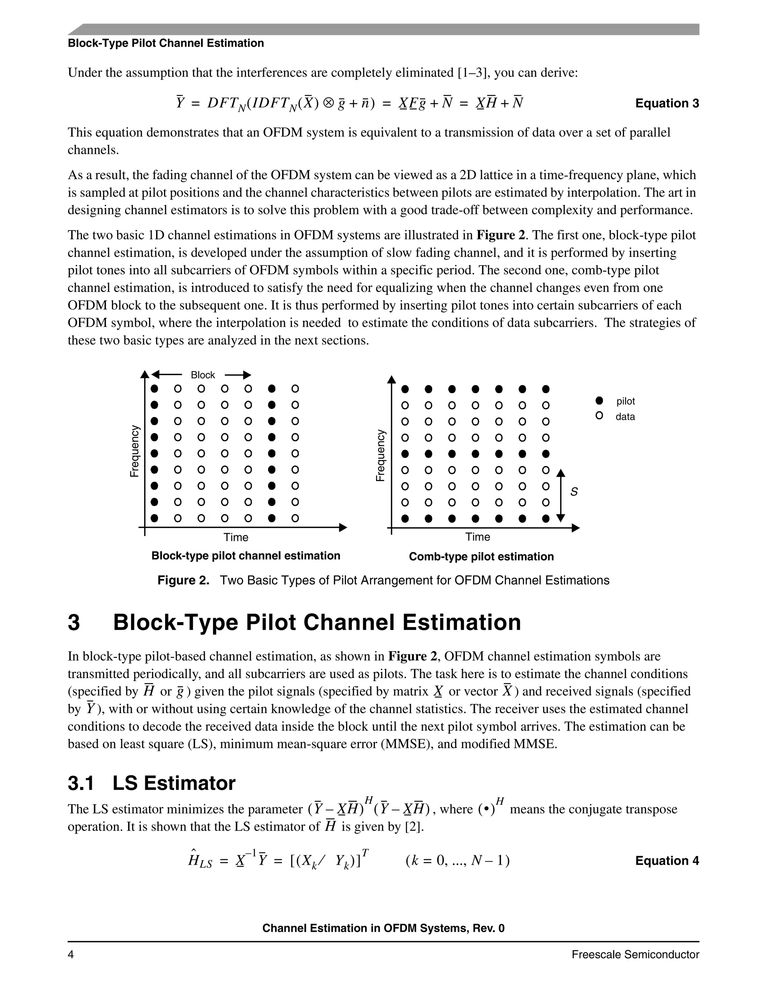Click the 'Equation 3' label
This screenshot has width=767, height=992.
tap(667, 104)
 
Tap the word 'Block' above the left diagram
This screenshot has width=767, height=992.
tap(203, 375)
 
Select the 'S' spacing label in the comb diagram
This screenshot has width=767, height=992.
tap(574, 492)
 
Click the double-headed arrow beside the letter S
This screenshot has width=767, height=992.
tap(561, 496)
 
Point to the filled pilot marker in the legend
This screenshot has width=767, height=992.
tap(599, 401)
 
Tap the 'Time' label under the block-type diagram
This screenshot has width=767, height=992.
tap(236, 537)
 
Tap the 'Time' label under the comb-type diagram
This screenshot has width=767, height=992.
tap(478, 537)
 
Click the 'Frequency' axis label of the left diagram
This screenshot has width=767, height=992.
tap(134, 451)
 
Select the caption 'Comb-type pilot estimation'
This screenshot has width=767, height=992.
tap(481, 557)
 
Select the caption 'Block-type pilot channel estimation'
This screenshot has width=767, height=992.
tap(245, 556)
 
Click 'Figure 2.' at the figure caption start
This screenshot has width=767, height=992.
tap(183, 581)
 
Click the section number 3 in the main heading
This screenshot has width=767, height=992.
tap(74, 623)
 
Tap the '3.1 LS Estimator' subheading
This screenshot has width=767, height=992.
tap(151, 783)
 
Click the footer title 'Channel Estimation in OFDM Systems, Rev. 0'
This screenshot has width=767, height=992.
tap(383, 928)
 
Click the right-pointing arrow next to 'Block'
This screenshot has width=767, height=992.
tap(238, 375)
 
